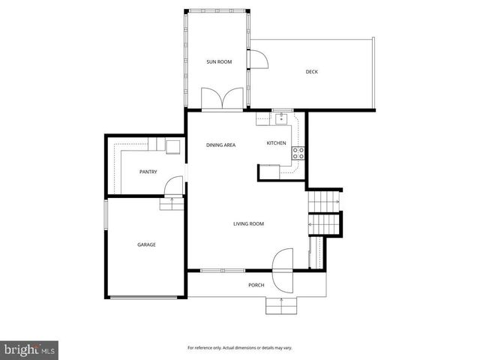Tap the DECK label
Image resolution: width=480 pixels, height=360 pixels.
tap(311, 72)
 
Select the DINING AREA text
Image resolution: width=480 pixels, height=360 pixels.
tap(221, 144)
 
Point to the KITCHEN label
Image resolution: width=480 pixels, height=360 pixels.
tap(276, 143)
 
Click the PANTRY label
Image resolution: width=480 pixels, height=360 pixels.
tap(148, 172)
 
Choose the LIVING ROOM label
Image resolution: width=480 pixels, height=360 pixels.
tap(248, 223)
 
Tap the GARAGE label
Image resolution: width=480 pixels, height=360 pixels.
tap(146, 244)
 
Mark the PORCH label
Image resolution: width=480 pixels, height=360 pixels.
tap(256, 286)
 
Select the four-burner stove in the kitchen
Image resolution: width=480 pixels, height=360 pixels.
tap(298, 152)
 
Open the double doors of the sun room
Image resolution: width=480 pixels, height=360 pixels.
tap(223, 99)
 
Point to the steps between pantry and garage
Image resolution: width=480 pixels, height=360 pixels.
tap(172, 204)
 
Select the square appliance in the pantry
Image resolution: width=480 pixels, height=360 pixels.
tap(173, 145)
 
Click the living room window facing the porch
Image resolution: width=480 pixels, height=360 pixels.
tap(223, 270)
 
